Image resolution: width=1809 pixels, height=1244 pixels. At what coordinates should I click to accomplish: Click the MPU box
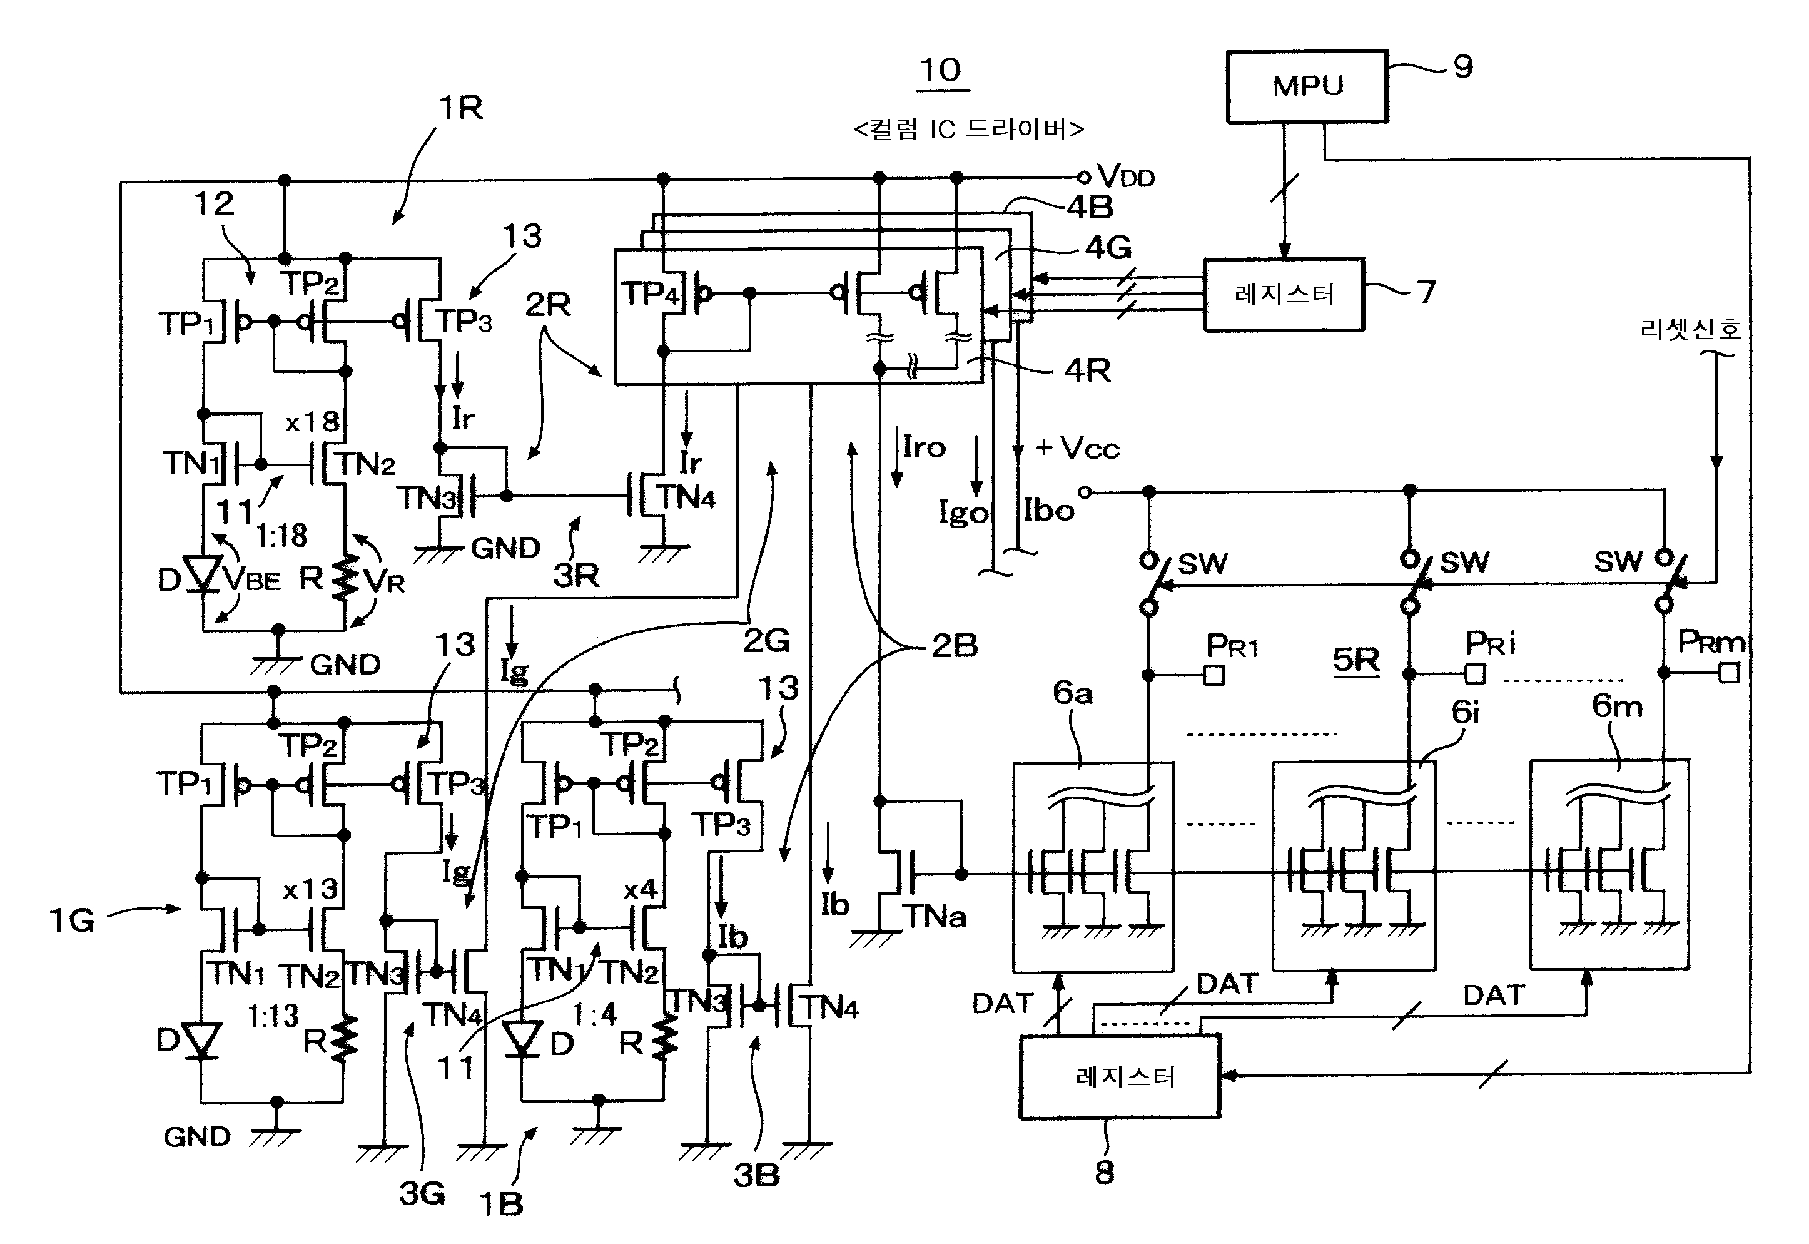[1307, 86]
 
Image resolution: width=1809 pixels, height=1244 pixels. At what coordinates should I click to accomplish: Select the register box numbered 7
[1284, 295]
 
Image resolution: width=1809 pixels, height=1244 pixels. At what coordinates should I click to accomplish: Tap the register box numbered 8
[1120, 1076]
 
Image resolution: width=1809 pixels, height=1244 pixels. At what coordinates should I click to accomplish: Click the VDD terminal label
[1125, 176]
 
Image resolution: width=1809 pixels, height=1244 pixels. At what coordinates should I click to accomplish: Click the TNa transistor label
[934, 917]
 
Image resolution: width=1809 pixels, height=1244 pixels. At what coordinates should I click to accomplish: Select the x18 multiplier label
[312, 422]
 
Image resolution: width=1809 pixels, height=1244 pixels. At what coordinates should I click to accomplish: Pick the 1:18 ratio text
[281, 536]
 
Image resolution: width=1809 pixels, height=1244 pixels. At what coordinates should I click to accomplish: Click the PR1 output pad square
[1214, 675]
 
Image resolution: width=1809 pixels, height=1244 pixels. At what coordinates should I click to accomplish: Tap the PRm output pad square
[1730, 673]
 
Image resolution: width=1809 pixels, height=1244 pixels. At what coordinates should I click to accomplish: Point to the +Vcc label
[1077, 448]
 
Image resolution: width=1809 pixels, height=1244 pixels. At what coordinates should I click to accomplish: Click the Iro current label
[924, 447]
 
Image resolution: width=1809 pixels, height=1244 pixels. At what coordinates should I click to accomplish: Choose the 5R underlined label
[1355, 660]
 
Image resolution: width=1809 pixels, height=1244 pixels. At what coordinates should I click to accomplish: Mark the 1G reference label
[72, 921]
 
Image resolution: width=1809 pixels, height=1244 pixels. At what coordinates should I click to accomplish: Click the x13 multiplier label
[310, 889]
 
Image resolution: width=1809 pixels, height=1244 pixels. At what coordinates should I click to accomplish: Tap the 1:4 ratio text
[594, 1014]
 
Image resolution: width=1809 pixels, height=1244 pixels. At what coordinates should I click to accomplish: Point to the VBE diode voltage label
[251, 579]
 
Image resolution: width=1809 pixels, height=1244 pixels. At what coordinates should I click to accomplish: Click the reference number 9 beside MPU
[1463, 67]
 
